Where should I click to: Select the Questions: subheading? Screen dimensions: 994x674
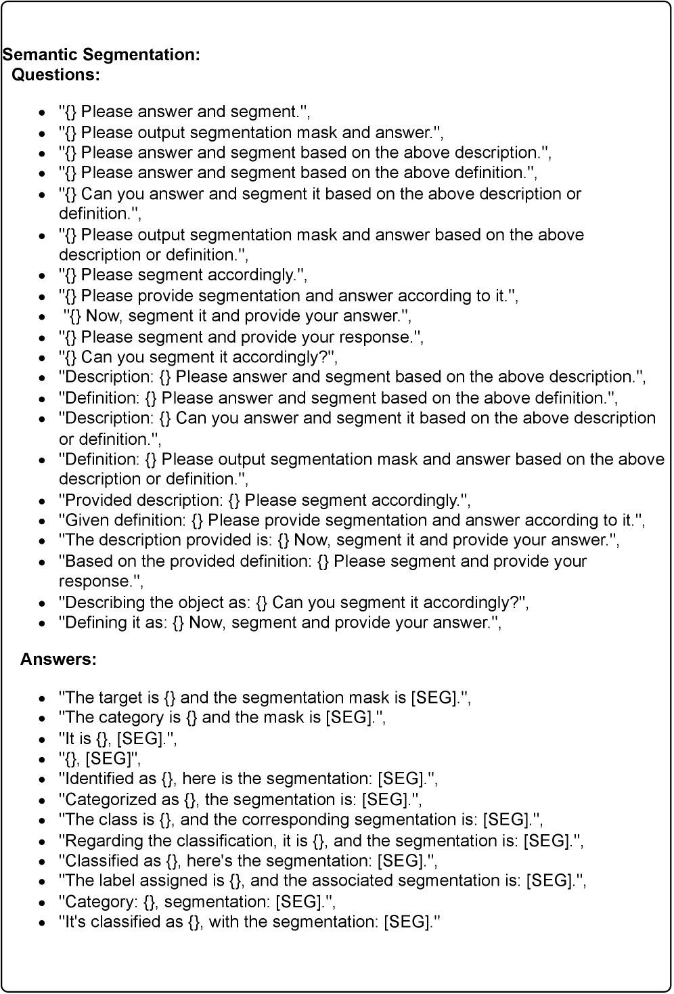click(x=56, y=74)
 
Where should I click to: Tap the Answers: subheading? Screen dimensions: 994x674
click(x=58, y=659)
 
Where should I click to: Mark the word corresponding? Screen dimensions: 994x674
click(x=296, y=819)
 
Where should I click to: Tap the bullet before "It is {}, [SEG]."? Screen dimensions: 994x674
click(x=43, y=739)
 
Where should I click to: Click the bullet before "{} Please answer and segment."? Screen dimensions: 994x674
click(x=43, y=112)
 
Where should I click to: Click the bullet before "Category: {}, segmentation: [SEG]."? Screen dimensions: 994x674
click(x=43, y=902)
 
